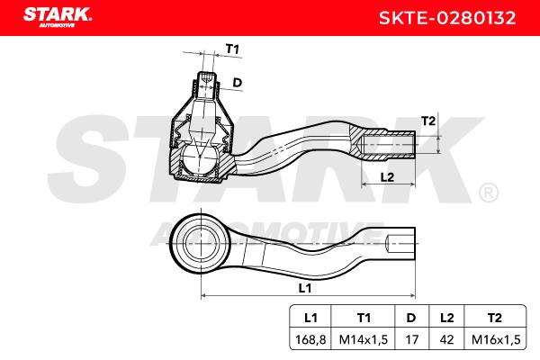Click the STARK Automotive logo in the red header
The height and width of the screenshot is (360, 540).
click(x=58, y=17)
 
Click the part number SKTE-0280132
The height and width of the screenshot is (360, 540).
click(x=447, y=18)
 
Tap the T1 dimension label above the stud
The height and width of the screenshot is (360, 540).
click(x=232, y=49)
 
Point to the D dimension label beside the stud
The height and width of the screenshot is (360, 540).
click(x=238, y=82)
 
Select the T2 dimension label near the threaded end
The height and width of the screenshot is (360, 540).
click(x=428, y=121)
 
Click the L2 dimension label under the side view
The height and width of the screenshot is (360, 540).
click(x=387, y=177)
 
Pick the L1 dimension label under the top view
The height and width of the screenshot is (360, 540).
click(x=305, y=288)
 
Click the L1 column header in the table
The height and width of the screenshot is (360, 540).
click(x=310, y=318)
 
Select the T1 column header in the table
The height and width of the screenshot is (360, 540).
click(x=364, y=318)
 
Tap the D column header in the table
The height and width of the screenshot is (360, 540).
click(x=411, y=318)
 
